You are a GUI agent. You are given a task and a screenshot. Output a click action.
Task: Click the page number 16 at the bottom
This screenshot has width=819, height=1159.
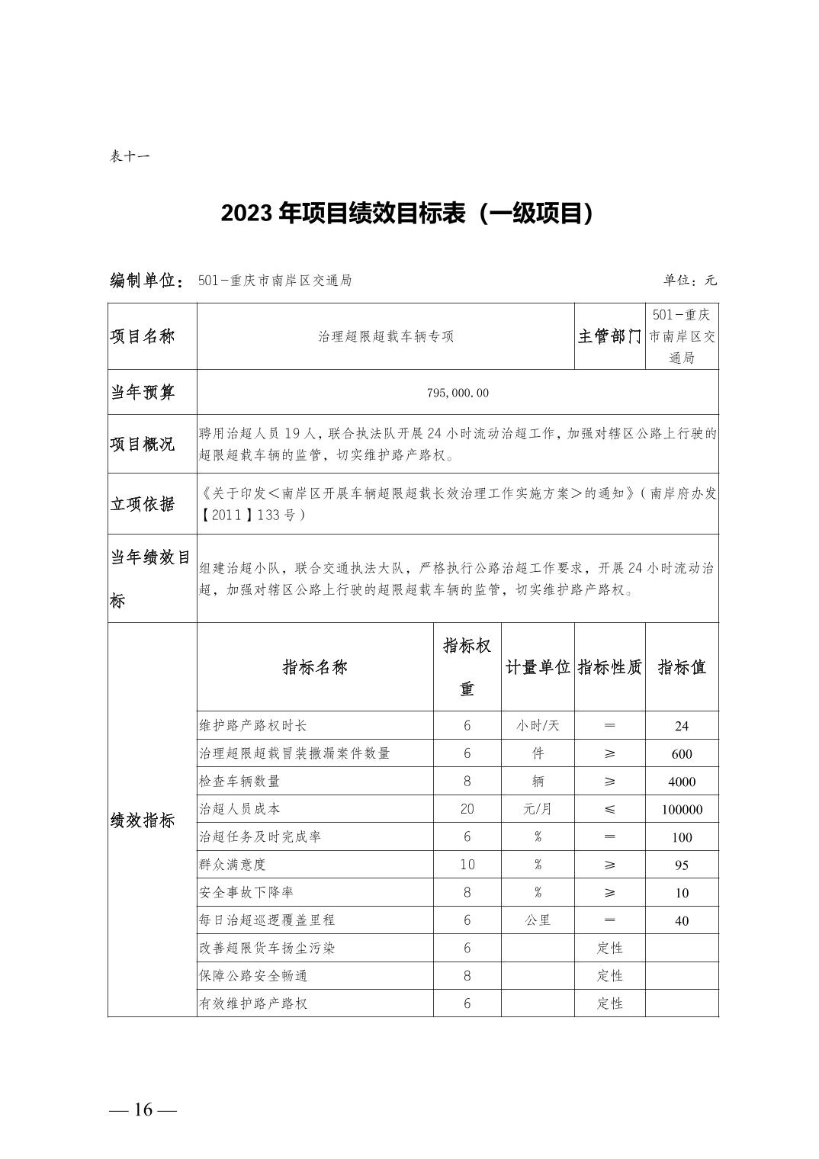[143, 1109]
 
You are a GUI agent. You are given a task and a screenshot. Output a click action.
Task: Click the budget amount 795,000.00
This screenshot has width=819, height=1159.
[458, 393]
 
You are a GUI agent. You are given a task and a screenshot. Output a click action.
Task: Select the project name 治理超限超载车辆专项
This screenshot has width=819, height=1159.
[386, 336]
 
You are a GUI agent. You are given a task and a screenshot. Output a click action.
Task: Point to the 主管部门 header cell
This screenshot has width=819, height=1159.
[609, 336]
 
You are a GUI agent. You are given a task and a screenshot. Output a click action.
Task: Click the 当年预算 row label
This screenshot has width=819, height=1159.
[143, 393]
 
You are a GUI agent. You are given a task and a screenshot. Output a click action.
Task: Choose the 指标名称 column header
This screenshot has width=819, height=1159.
[315, 667]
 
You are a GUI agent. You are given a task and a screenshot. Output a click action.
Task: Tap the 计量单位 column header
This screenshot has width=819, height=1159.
[538, 667]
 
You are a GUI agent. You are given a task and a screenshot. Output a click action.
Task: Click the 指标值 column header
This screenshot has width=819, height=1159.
[682, 667]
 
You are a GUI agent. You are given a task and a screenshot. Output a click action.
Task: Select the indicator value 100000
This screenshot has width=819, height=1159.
[682, 810]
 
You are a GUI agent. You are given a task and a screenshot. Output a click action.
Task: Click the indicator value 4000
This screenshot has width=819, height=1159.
[682, 782]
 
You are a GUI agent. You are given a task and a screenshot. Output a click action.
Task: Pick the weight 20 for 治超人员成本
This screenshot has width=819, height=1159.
[467, 809]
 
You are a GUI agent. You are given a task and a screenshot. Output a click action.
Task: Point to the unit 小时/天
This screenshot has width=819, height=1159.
[538, 726]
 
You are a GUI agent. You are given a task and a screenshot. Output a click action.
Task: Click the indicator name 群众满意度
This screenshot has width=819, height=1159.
[233, 865]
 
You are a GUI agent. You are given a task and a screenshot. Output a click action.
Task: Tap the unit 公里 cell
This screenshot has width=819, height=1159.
[538, 920]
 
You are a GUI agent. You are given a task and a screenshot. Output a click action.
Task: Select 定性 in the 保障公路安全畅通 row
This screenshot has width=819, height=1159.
[610, 976]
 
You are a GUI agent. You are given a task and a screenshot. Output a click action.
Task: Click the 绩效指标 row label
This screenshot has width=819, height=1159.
[143, 820]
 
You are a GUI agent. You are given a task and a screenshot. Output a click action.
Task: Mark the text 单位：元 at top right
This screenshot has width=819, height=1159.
[689, 280]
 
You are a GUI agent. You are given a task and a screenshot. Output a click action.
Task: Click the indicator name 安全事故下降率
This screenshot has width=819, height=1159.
[246, 892]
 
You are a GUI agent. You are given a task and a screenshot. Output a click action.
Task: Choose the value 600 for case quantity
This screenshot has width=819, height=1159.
[682, 754]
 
